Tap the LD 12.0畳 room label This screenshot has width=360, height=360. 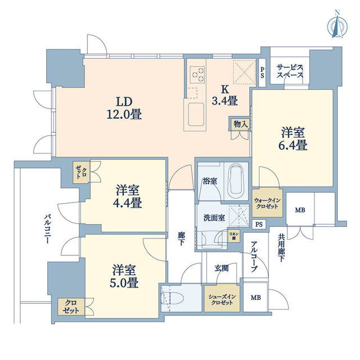(124, 108)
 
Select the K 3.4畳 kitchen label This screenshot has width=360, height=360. (224, 95)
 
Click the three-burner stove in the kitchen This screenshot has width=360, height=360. (197, 74)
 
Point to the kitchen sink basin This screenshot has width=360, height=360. (196, 114)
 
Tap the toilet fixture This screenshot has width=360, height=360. (173, 298)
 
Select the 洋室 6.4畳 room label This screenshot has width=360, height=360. (292, 139)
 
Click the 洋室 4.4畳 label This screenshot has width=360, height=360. (128, 197)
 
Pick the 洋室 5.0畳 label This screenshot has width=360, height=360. (124, 277)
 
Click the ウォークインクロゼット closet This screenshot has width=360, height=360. (267, 203)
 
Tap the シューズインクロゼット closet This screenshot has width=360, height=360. (222, 299)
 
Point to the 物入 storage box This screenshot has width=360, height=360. (240, 124)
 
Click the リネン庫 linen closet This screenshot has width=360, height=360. (234, 236)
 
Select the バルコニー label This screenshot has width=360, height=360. (47, 228)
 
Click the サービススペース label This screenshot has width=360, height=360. (290, 71)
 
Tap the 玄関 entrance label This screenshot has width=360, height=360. (222, 268)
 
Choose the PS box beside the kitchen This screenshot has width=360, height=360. (262, 73)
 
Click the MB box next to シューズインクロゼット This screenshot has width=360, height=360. (255, 298)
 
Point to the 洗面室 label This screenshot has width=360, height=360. (214, 218)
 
